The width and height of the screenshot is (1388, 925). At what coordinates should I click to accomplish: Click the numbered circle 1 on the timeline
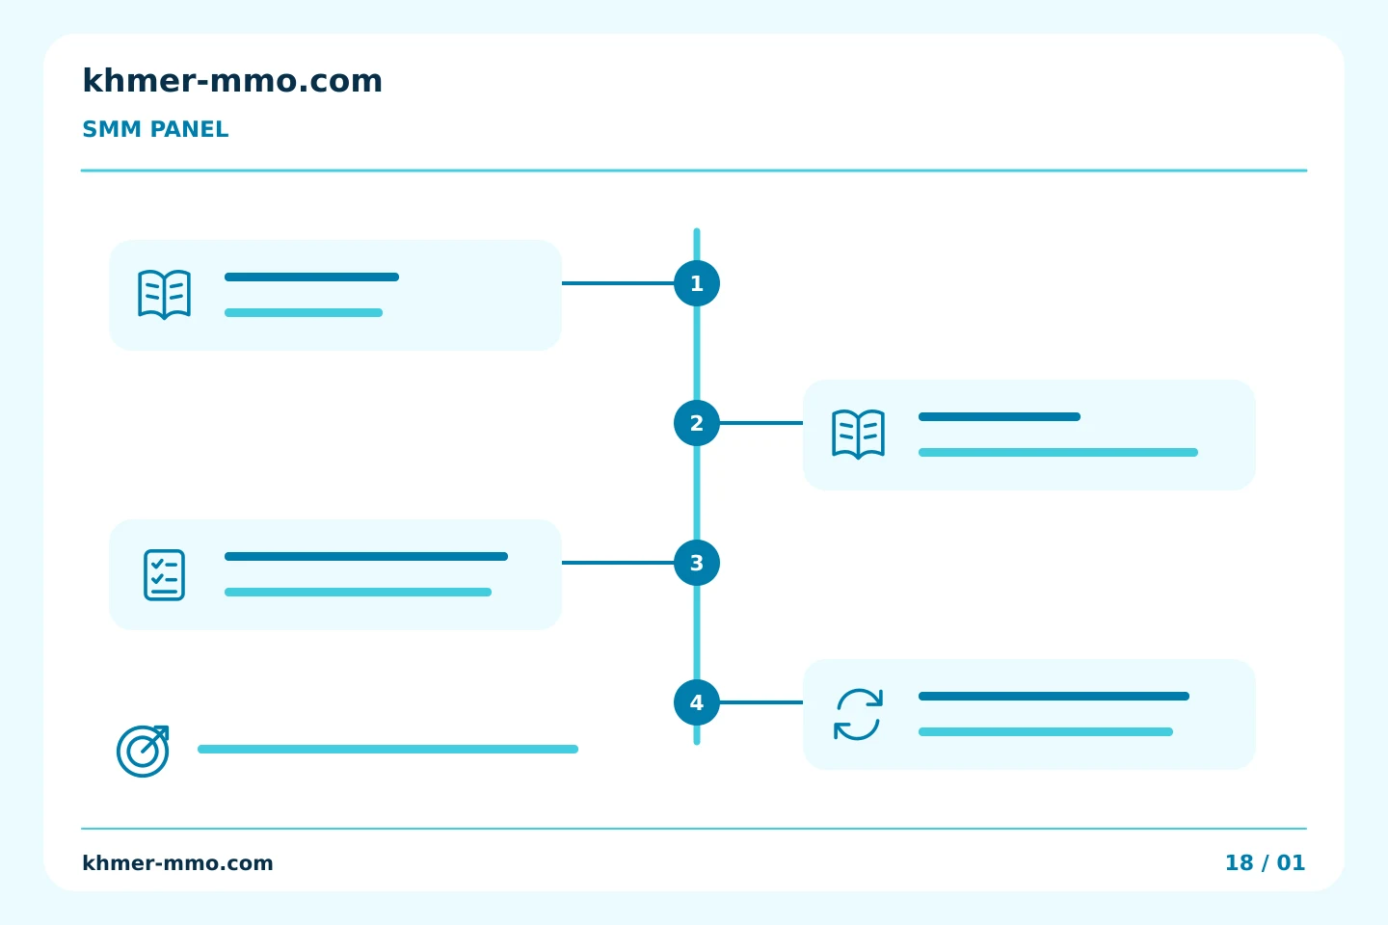tap(697, 283)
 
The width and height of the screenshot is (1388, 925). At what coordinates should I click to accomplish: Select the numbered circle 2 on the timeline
tap(697, 423)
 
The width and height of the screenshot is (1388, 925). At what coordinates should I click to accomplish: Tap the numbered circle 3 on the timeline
tap(697, 563)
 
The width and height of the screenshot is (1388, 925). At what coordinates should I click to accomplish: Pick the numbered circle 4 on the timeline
tap(697, 702)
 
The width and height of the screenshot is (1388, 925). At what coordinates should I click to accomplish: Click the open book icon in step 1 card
tap(164, 294)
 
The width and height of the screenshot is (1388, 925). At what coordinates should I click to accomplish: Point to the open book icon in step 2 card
tap(858, 435)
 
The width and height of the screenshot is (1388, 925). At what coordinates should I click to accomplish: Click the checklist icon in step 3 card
tap(164, 575)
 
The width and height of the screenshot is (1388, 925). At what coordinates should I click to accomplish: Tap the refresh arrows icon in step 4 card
tap(858, 714)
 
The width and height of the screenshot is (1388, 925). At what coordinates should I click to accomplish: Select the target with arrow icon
tap(143, 751)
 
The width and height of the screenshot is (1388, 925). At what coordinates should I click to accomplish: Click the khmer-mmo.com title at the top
tap(232, 81)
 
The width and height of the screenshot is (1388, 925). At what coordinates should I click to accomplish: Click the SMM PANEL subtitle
tap(155, 129)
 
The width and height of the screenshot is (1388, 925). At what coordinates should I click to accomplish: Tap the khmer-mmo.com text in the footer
tap(177, 863)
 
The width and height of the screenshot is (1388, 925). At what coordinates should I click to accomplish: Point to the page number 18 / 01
tap(1266, 863)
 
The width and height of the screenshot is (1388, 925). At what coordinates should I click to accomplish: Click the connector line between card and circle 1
tap(618, 283)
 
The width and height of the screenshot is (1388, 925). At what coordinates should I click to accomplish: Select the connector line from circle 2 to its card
tap(761, 423)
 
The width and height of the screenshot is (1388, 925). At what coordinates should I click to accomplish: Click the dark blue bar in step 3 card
tap(366, 556)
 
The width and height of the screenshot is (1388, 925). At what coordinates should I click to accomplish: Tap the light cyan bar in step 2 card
tap(1058, 452)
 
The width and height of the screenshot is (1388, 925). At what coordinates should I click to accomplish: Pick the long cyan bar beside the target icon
tap(387, 749)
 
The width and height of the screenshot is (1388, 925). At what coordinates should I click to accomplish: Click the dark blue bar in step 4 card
tap(1054, 697)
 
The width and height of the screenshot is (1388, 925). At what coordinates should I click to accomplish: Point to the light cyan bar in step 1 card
tap(304, 313)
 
